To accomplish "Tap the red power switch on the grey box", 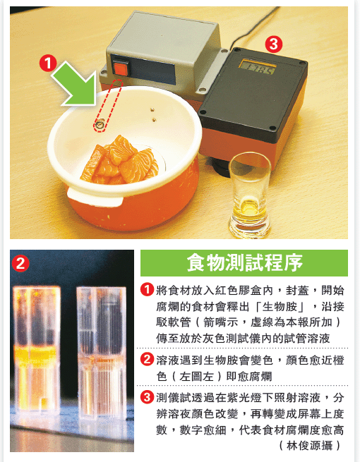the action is pyautogui.click(x=121, y=68).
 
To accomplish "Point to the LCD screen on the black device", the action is pyautogui.click(x=257, y=67).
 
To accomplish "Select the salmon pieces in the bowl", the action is pyautogui.click(x=119, y=161).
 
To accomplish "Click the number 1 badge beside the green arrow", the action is pyautogui.click(x=48, y=63).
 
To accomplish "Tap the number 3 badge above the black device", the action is pyautogui.click(x=274, y=44).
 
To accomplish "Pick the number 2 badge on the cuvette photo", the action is pyautogui.click(x=20, y=263).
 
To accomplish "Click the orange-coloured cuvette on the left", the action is pyautogui.click(x=37, y=351).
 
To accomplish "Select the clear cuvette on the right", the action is pyautogui.click(x=102, y=352).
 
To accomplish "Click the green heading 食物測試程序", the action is pyautogui.click(x=244, y=263).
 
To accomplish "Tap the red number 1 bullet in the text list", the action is pyautogui.click(x=147, y=289).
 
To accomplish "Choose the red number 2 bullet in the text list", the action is pyautogui.click(x=147, y=359).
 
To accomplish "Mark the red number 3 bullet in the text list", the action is pyautogui.click(x=147, y=397).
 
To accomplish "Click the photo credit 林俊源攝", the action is pyautogui.click(x=310, y=445).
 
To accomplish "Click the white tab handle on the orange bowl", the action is pyautogui.click(x=95, y=197).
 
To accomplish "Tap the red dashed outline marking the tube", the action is pyautogui.click(x=108, y=106).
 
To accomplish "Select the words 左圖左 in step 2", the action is pyautogui.click(x=196, y=376).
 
